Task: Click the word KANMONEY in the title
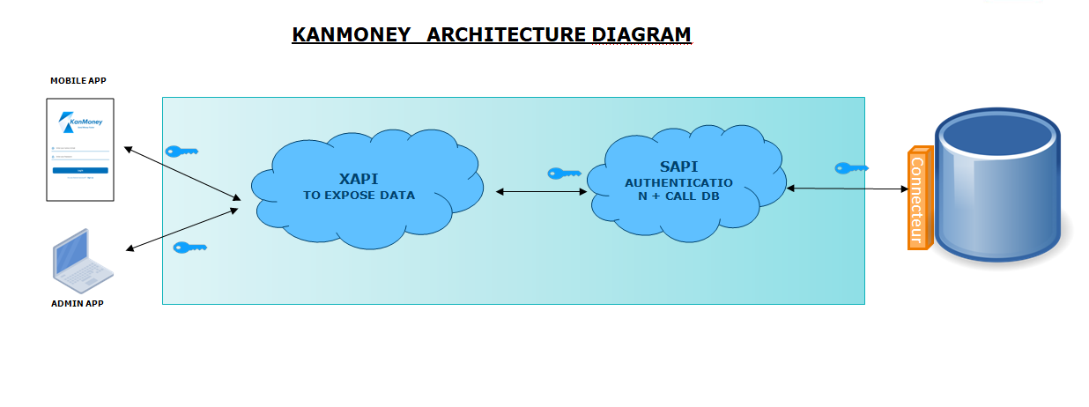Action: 351,34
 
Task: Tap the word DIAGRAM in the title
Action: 641,34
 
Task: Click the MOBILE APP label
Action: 78,81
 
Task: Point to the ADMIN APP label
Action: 78,303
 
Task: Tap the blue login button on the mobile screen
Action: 80,170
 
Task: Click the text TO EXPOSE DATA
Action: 359,196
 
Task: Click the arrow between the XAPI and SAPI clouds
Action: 541,191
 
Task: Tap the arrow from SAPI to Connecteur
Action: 847,189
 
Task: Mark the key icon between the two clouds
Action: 564,174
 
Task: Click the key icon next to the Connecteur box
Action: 851,167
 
